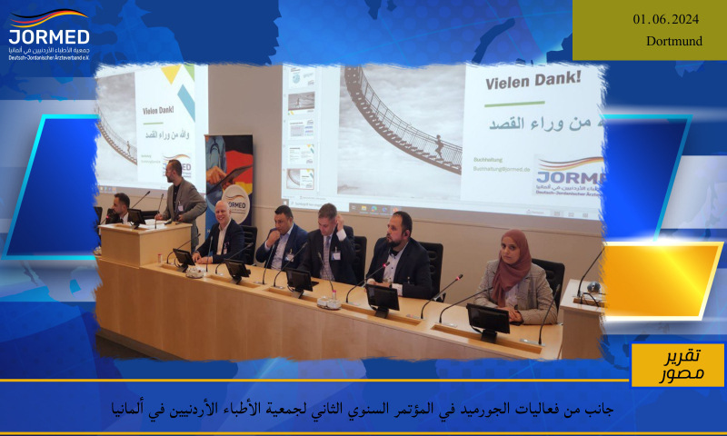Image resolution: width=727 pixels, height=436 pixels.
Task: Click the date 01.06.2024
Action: point(666,19)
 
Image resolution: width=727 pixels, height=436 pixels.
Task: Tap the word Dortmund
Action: point(674,41)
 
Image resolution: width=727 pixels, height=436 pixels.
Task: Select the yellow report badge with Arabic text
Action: point(678,364)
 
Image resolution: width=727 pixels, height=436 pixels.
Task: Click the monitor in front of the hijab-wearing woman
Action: point(488,320)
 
